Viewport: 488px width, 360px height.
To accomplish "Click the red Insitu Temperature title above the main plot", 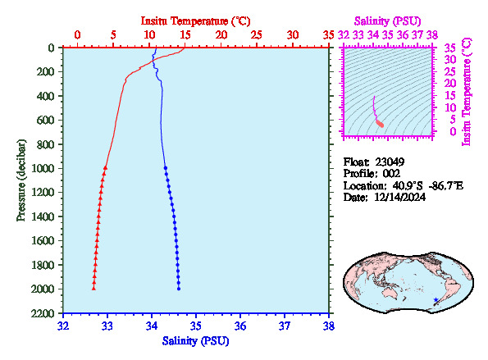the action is click(195, 21).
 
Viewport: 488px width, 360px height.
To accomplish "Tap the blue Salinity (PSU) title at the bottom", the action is click(195, 341).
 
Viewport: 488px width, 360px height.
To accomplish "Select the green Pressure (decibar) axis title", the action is click(21, 180).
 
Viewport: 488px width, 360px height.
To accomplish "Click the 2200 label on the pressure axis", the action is click(43, 313).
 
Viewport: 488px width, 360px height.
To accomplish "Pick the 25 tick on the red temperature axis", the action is click(257, 34).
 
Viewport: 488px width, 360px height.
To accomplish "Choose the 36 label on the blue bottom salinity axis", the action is click(240, 326).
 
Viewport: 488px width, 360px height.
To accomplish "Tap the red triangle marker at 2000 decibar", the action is click(93, 289).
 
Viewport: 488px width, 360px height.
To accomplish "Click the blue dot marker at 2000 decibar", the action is click(179, 289).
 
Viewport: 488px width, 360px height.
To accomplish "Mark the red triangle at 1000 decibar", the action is click(106, 168).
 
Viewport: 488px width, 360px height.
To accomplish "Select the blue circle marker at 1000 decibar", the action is click(166, 168).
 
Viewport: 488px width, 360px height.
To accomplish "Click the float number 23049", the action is click(390, 162).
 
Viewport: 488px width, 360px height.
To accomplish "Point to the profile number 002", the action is click(391, 174).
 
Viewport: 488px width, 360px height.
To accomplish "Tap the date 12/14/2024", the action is click(399, 198).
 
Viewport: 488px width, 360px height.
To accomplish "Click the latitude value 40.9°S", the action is click(408, 186).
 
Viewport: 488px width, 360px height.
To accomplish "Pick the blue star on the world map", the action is click(436, 300).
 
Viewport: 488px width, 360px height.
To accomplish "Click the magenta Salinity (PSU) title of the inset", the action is click(388, 21).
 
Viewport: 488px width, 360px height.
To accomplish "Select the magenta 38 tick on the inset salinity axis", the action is click(432, 34).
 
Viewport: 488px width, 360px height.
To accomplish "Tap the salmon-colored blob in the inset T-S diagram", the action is click(380, 124).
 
